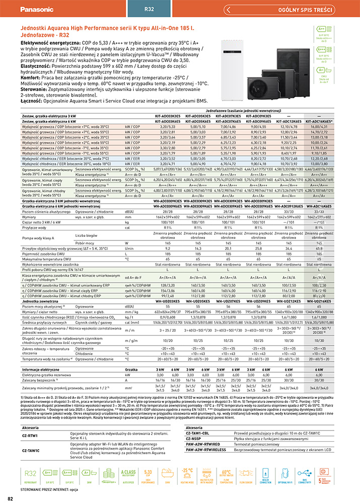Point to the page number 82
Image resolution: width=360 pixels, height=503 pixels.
point(10,498)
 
